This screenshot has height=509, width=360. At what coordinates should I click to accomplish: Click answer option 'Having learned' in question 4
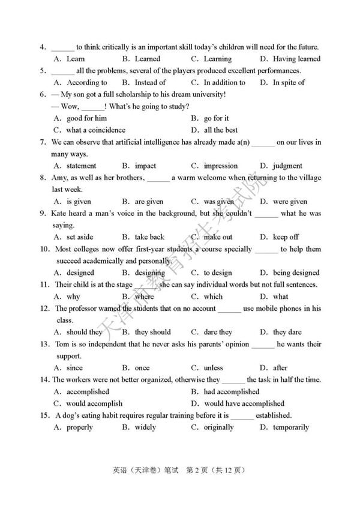tap(296, 59)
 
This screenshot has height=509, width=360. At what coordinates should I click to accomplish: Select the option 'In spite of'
tap(289, 83)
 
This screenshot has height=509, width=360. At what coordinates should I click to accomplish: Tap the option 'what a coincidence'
tap(96, 130)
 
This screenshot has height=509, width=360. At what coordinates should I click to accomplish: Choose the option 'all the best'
tap(221, 130)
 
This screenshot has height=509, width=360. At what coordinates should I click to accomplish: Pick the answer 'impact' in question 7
tap(145, 166)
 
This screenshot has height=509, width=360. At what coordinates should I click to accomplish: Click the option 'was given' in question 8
tap(219, 202)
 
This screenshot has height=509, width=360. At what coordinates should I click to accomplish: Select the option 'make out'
tap(218, 237)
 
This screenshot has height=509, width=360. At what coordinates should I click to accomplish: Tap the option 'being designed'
tap(296, 273)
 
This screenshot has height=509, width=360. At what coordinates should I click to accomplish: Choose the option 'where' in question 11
tap(144, 297)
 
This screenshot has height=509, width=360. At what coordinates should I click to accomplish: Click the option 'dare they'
tap(218, 332)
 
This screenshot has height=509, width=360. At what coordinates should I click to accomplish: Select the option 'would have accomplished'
tap(244, 403)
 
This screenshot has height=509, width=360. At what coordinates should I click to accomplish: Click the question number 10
tap(44, 249)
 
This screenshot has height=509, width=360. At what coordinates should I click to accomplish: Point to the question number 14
tap(44, 379)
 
